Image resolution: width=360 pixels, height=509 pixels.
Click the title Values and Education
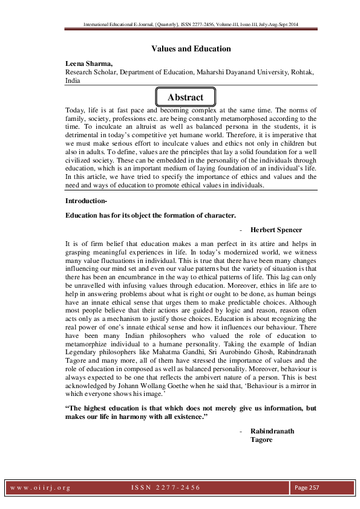pyautogui.click(x=191, y=48)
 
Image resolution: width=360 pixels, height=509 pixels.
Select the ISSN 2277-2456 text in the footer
pyautogui.click(x=165, y=487)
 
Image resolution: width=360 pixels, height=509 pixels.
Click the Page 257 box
pyautogui.click(x=307, y=487)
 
